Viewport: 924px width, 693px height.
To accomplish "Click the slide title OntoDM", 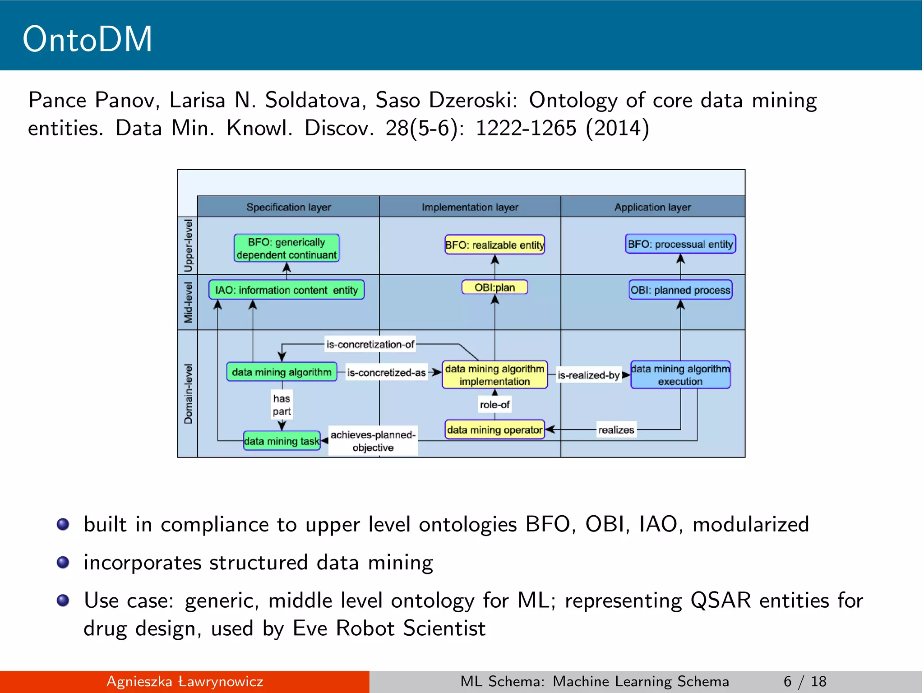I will [x=88, y=39].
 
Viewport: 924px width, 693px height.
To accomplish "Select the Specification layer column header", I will [x=288, y=207].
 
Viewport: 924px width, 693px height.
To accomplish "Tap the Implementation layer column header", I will [x=470, y=207].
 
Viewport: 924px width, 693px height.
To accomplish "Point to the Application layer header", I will [x=652, y=207].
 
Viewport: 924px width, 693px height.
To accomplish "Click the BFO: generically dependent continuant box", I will [x=286, y=248].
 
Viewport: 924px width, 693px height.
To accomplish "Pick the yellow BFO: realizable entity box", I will [x=494, y=245].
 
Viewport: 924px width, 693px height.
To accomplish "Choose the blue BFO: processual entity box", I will [x=680, y=244].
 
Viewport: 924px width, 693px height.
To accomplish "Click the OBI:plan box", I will [x=494, y=287].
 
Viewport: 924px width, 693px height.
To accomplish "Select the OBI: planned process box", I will [x=680, y=290].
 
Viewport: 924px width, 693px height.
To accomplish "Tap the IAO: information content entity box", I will [x=286, y=290].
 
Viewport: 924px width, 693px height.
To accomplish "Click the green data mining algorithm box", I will [x=282, y=372].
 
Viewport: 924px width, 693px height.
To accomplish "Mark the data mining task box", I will [x=282, y=441].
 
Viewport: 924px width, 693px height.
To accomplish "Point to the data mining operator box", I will [x=494, y=430].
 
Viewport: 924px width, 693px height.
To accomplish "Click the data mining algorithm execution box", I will [x=680, y=374].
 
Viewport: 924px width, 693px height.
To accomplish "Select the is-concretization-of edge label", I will [x=370, y=344].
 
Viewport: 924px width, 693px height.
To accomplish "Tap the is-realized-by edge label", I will [x=588, y=375].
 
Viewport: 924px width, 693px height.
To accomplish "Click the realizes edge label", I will [x=616, y=430].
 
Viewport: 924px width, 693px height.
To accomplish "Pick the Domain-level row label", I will [x=188, y=393].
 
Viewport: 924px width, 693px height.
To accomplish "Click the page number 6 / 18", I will [x=805, y=681].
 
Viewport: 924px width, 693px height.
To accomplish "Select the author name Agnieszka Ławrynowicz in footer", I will [x=185, y=681].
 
